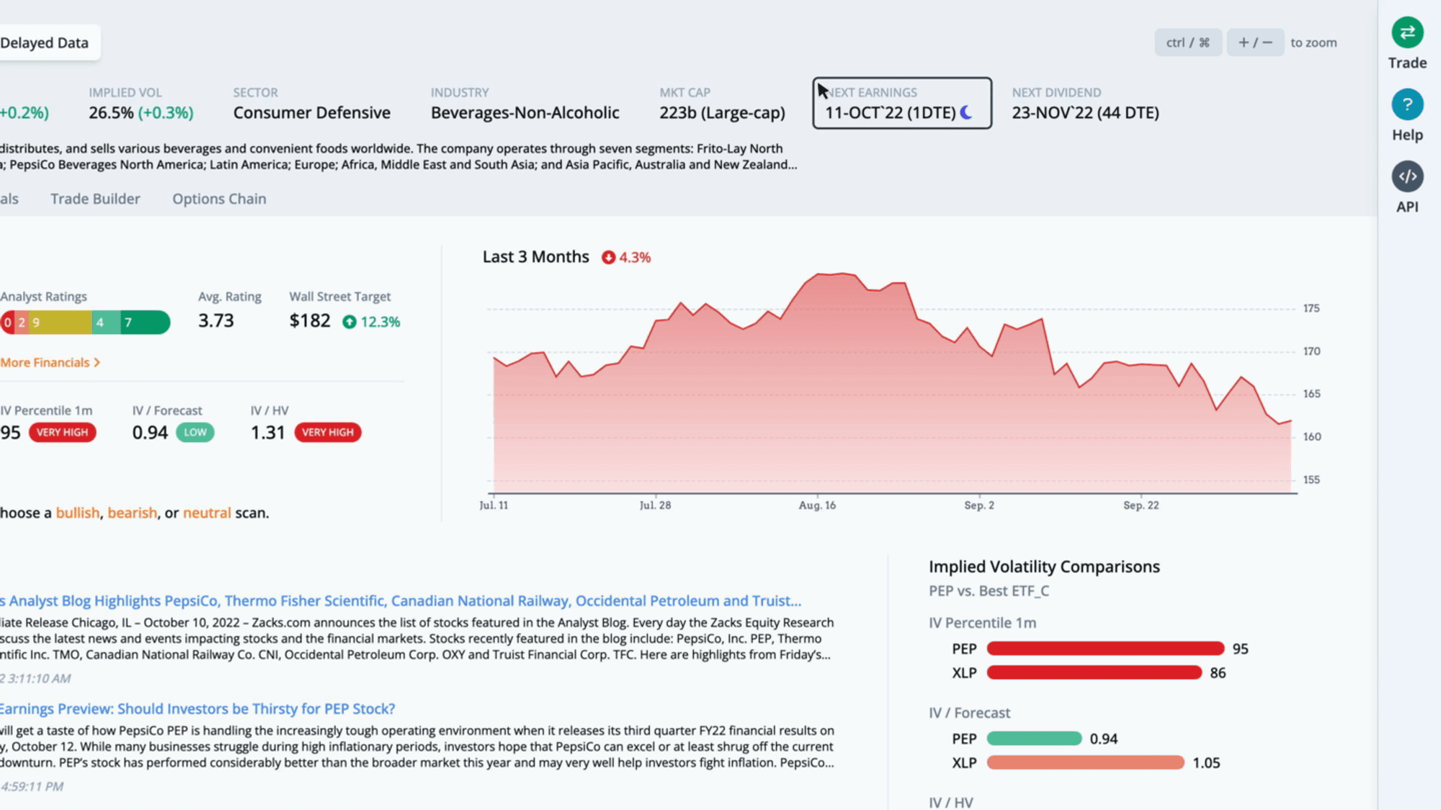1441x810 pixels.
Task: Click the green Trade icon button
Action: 1407,32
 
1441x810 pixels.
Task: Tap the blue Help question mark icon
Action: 1407,104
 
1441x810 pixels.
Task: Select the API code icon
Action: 1407,176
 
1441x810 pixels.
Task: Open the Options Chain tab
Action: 219,199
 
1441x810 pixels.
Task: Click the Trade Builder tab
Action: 95,199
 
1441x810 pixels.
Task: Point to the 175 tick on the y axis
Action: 1311,308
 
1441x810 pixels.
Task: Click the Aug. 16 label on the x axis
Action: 817,505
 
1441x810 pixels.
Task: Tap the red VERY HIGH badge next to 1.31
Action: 328,432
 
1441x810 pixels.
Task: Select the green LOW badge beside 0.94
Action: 195,432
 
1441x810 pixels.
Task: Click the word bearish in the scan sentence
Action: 133,513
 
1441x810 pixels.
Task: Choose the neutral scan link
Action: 207,513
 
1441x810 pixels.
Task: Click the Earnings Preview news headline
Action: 197,708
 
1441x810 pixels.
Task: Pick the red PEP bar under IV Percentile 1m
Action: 1105,649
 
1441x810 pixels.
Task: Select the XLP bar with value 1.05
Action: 1085,762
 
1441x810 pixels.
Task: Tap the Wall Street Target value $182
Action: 310,320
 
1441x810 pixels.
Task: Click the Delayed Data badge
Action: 45,42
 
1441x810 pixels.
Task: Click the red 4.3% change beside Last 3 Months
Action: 626,257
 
